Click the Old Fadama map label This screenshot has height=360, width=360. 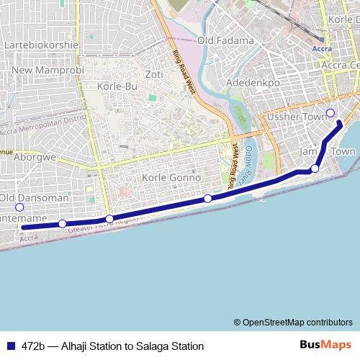tap(225, 40)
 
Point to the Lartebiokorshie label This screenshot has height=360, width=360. tap(41, 45)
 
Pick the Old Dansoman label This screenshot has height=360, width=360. tap(35, 197)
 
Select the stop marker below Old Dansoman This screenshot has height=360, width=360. tap(19, 207)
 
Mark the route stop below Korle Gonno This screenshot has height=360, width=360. tap(207, 198)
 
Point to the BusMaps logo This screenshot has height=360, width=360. tap(326, 345)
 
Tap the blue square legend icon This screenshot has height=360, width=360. tap(9, 346)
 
